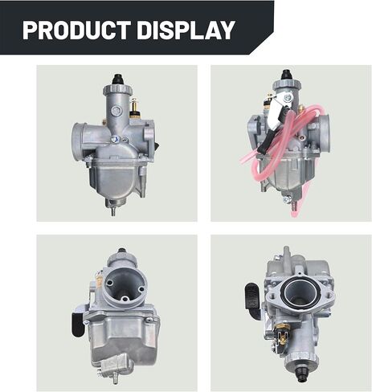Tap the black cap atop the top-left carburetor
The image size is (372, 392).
[x=117, y=80]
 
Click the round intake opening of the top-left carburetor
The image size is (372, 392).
[x=85, y=133]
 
